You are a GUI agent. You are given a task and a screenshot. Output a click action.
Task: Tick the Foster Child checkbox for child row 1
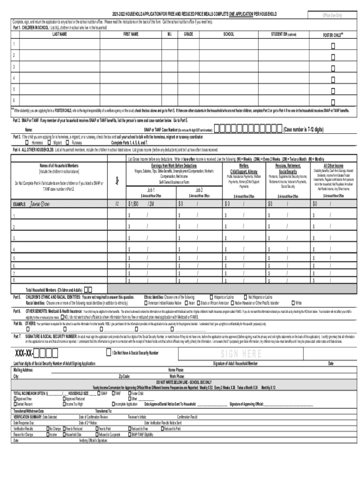pos(333,46)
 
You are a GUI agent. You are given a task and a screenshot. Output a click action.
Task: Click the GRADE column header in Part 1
pos(188,35)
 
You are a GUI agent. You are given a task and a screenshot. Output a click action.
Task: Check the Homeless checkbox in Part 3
pos(27,143)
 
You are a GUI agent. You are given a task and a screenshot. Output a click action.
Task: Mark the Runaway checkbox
pos(69,143)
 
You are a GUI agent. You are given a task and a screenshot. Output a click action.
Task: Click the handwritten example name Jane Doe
pos(39,204)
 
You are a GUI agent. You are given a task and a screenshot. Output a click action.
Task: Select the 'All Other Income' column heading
pos(333,166)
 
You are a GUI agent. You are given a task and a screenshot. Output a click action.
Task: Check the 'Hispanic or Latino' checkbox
pos(211,297)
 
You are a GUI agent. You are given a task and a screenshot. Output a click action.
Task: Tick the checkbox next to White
pos(293,303)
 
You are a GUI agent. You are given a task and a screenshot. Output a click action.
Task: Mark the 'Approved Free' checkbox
pos(15,399)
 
